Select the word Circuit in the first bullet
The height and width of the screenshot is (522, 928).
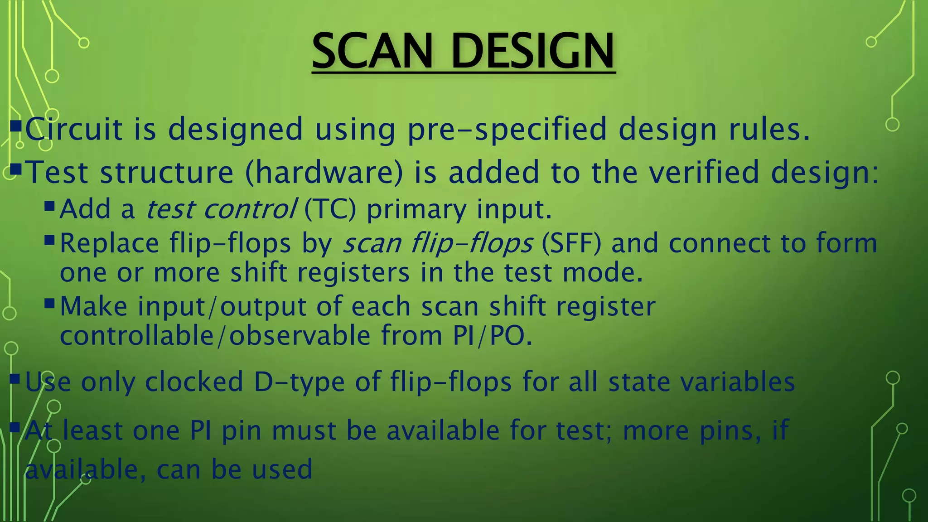pos(73,129)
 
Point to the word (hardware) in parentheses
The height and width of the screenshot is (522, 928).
pos(324,173)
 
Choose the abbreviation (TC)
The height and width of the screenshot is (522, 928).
pos(330,209)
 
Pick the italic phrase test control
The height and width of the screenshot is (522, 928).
pos(221,209)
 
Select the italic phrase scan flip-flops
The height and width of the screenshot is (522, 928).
pos(438,244)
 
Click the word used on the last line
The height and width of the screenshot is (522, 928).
pos(282,469)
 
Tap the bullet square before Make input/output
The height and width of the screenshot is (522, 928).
pos(49,303)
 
